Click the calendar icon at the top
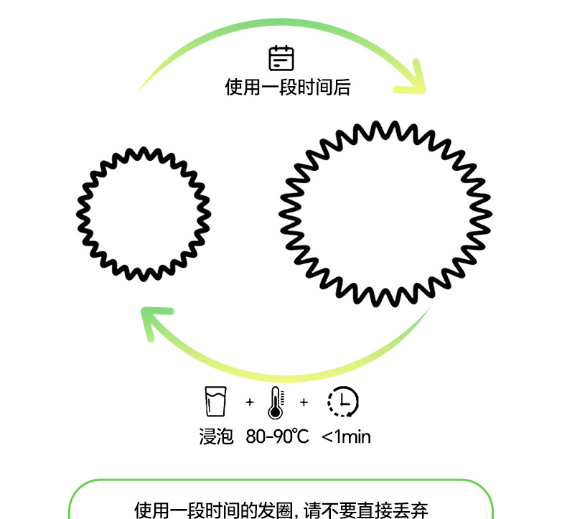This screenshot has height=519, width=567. (281, 58)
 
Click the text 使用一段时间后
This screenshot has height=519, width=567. (288, 88)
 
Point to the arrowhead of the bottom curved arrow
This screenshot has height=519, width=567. (154, 320)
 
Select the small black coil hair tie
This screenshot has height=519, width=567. (144, 214)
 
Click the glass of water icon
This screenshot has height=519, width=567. (215, 402)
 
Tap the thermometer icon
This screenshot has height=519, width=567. (276, 403)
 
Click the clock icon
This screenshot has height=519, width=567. (343, 402)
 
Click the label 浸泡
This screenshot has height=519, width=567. (216, 436)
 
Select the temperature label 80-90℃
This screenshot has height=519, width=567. (277, 436)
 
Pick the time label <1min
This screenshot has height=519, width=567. (346, 436)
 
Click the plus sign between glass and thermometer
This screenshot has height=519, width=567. (249, 402)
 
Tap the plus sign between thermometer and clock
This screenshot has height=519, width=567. (304, 402)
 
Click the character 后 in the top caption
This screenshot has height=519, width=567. (342, 88)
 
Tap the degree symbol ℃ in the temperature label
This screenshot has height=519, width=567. (301, 436)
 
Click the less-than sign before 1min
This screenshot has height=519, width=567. (327, 436)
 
